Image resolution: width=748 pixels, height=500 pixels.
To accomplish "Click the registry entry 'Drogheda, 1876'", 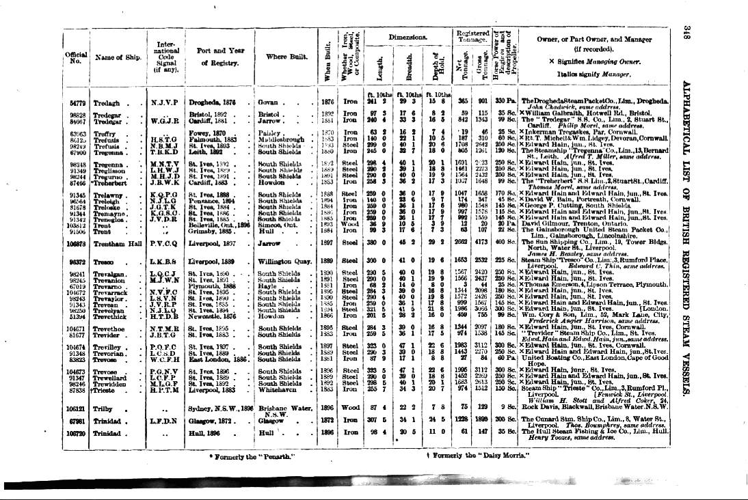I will [x=213, y=101].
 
